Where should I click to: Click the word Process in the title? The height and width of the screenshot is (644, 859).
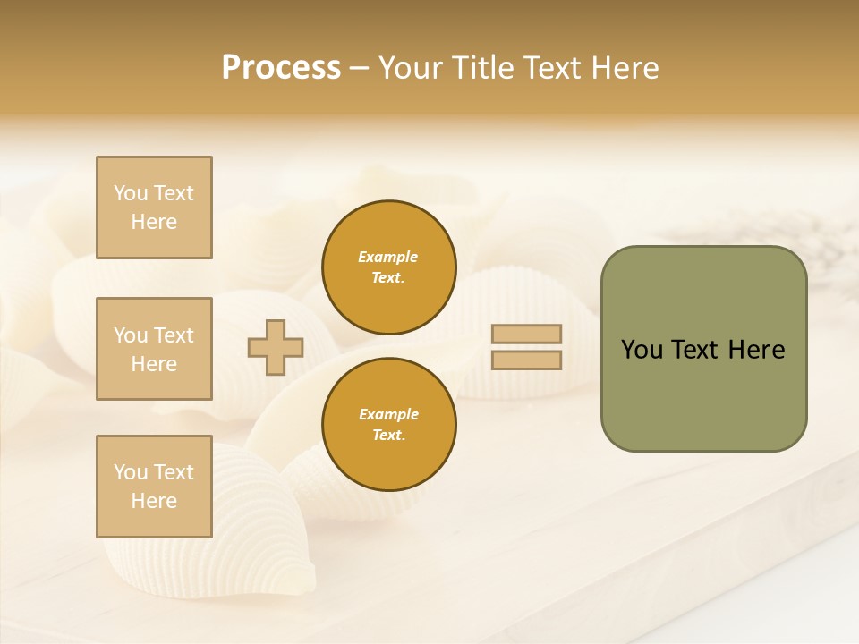click(281, 68)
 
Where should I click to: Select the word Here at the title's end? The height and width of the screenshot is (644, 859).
click(624, 68)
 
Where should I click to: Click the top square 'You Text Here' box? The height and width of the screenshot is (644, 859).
click(154, 208)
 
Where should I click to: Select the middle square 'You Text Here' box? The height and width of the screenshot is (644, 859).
click(154, 349)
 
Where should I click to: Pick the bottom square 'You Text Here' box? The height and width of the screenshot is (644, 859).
click(154, 487)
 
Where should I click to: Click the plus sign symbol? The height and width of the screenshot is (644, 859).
click(276, 347)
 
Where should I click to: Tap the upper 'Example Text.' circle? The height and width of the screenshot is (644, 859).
click(389, 267)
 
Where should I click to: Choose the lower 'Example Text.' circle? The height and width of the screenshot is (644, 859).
click(389, 425)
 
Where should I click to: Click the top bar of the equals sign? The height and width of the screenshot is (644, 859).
click(526, 335)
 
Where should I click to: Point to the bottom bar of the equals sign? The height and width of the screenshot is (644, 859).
click(526, 360)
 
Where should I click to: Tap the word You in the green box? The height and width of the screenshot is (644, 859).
click(642, 350)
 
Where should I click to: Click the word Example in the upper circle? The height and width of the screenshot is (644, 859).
click(388, 258)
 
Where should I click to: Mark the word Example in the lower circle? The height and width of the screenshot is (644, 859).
click(388, 415)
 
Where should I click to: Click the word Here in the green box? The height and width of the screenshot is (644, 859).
click(756, 350)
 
